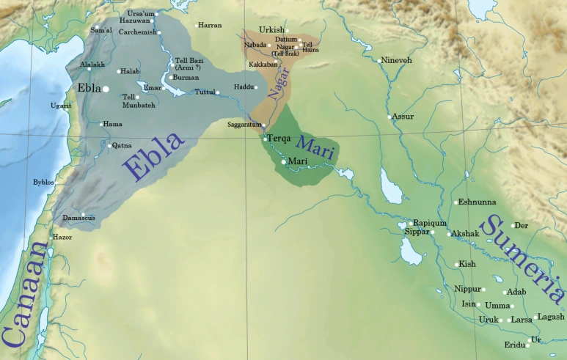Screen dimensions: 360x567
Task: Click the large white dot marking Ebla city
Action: click(x=106, y=89)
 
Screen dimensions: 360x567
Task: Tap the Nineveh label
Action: click(x=397, y=59)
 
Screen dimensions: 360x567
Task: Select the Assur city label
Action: click(x=403, y=117)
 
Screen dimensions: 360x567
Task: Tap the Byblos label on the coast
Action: click(x=44, y=182)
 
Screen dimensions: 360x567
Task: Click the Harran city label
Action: click(x=210, y=26)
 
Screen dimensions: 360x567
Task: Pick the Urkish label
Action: click(x=272, y=30)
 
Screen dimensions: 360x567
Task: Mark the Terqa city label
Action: click(x=280, y=139)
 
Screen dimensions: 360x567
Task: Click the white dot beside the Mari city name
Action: click(x=284, y=161)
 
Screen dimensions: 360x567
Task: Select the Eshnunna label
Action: click(x=477, y=202)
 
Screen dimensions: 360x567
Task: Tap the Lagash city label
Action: click(x=551, y=317)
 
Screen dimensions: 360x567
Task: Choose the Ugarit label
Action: click(x=62, y=106)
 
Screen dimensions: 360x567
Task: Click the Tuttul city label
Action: click(x=205, y=92)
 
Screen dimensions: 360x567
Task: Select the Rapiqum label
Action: click(x=430, y=222)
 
